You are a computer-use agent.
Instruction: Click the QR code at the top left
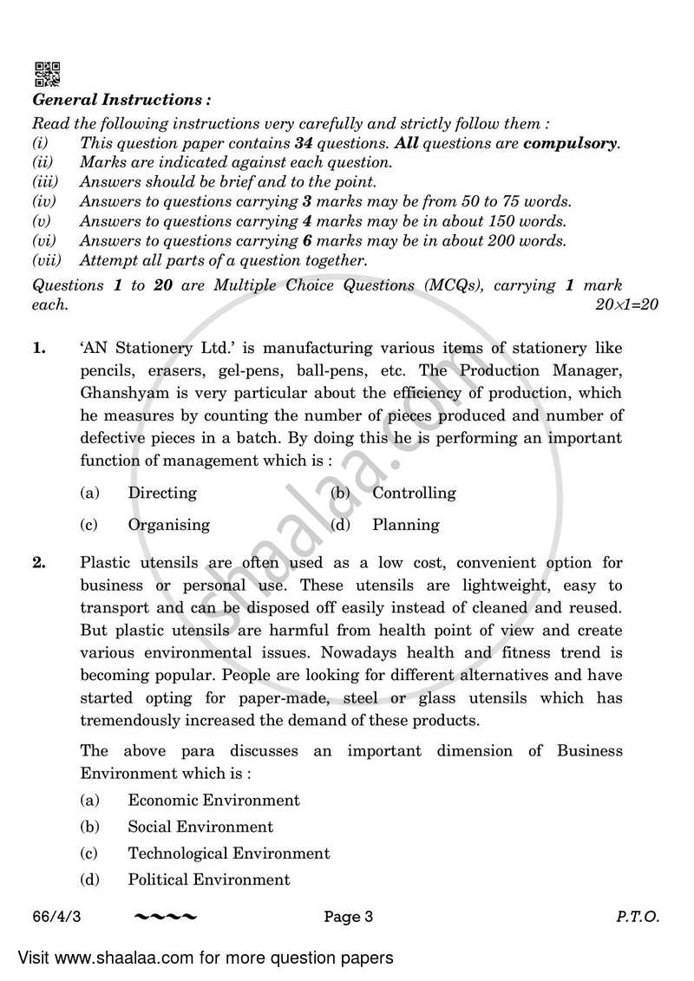coord(47,73)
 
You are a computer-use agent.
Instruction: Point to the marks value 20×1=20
coord(628,304)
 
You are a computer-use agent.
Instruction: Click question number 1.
coord(39,349)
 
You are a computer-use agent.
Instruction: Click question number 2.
coord(39,564)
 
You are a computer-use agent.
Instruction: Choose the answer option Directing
coord(162,493)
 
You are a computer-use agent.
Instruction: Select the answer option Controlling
coord(414,493)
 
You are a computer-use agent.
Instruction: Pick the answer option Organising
coord(168,525)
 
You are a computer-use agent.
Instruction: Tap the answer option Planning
coord(406,525)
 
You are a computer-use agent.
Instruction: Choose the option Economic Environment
coord(213,801)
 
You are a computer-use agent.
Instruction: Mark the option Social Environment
coord(200,827)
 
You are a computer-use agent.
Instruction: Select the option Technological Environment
coord(229,853)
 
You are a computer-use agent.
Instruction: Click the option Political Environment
coord(209,880)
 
